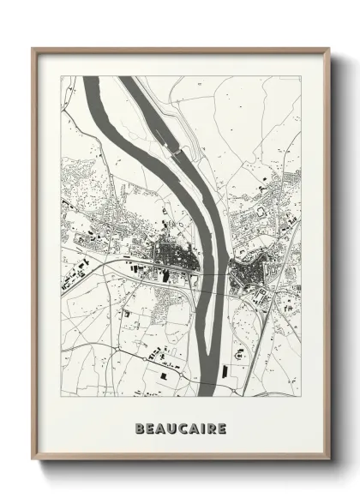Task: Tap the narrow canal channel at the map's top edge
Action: tap(127, 80)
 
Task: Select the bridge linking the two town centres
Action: tap(214, 273)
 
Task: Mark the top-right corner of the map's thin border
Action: tap(302, 76)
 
